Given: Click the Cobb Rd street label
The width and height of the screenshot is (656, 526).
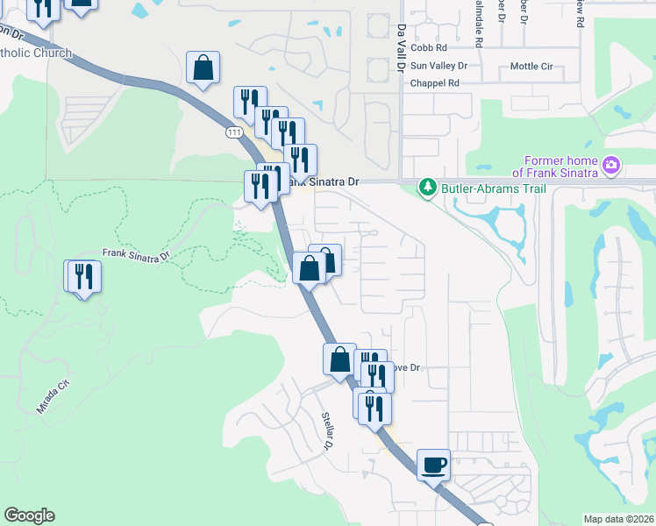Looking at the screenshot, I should (428, 48).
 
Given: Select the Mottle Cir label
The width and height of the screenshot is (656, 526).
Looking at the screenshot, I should (531, 66).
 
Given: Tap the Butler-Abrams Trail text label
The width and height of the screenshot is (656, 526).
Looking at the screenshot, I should (494, 188).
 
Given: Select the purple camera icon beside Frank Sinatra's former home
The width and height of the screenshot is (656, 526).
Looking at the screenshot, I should (612, 164).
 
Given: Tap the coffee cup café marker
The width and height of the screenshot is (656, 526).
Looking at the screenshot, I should (433, 464).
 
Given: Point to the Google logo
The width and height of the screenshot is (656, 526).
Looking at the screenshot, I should (29, 515).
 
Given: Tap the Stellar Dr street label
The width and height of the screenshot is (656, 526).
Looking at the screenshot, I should (325, 430).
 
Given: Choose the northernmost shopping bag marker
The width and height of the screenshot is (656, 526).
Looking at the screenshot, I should (203, 68).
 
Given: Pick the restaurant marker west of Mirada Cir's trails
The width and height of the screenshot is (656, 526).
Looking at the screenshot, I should (84, 276).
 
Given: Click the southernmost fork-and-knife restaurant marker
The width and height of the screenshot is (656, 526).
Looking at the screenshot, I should (374, 408).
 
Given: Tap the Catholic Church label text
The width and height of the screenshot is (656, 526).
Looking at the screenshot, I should (35, 53).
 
